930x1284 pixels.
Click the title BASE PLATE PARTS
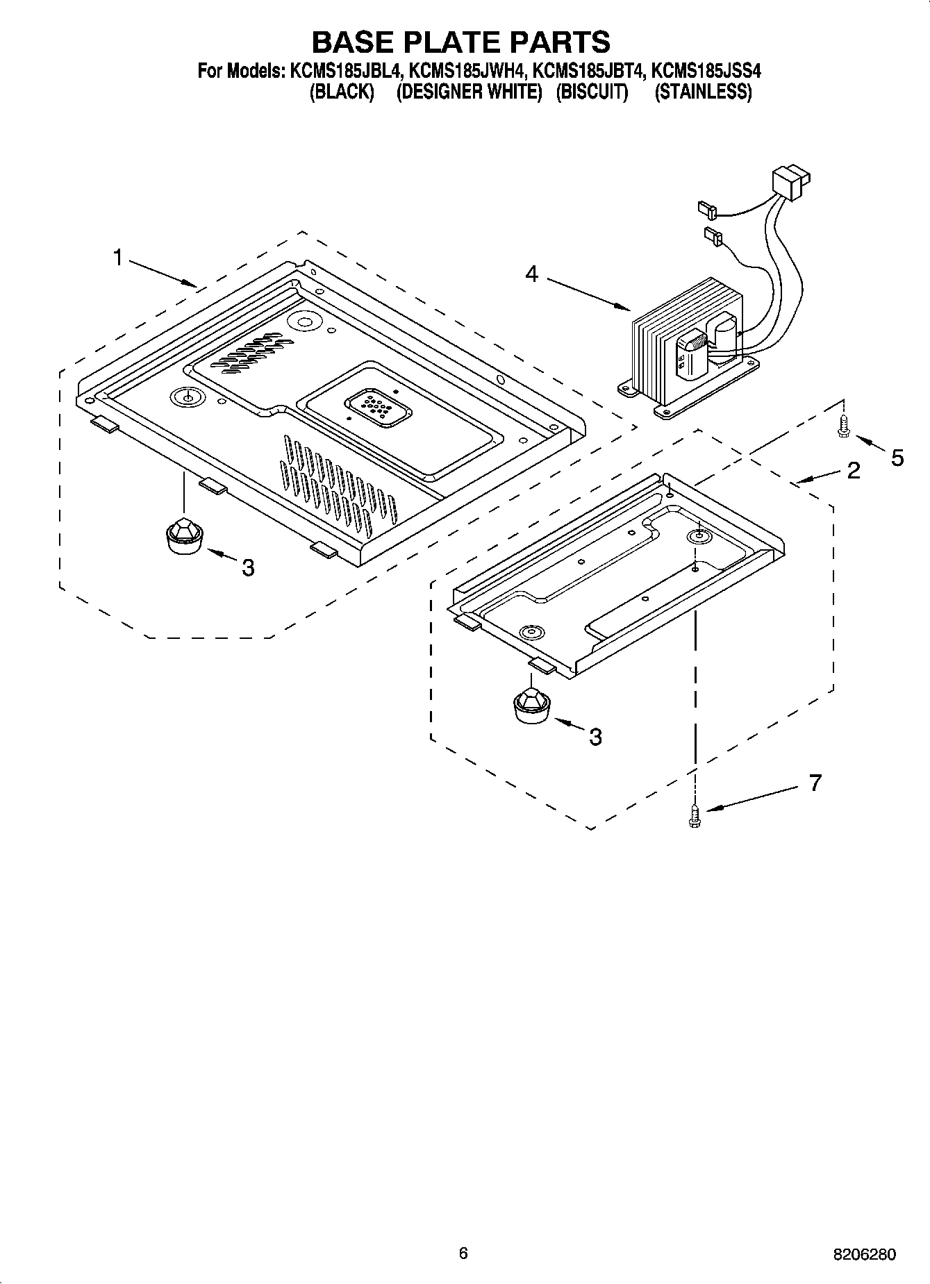coord(460,42)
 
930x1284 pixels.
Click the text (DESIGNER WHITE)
coord(469,92)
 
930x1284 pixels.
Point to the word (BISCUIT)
coord(592,92)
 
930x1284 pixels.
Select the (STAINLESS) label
coord(703,92)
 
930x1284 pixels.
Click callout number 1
coord(118,258)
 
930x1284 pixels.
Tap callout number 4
coord(531,274)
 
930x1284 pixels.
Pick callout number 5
coord(897,458)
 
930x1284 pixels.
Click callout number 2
coord(853,471)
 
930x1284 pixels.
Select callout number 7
coord(815,783)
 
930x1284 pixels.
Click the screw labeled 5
coord(843,426)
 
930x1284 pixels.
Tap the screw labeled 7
coord(693,815)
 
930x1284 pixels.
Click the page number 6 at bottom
coord(463,1253)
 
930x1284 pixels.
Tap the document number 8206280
coord(865,1255)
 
